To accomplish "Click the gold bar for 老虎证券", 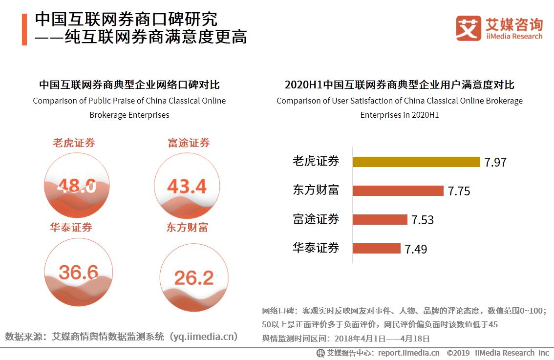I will click(416, 162).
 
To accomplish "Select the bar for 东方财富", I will click(398, 191).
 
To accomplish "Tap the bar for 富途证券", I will click(380, 219).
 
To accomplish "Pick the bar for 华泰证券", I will click(376, 248).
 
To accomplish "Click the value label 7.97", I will click(495, 163).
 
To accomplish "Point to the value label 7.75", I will click(459, 191).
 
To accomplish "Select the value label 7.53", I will click(422, 220).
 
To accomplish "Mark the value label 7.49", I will click(415, 249).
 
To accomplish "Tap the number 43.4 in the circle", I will click(187, 186).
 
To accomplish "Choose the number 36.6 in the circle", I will click(78, 272).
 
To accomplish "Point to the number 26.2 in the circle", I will click(193, 278).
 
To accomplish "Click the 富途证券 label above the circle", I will click(189, 143).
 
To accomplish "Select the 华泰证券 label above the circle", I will click(71, 228).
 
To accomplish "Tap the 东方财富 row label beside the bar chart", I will click(316, 190).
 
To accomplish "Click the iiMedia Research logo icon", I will click(468, 28).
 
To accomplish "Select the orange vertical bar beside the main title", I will click(24, 29).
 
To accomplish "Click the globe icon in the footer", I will click(320, 353).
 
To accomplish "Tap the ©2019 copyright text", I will click(458, 353).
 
